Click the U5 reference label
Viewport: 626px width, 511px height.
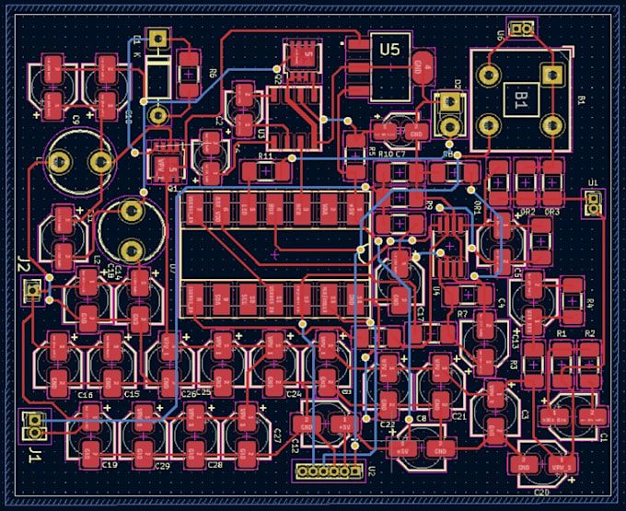tap(390, 50)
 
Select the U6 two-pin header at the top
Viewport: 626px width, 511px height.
tap(522, 30)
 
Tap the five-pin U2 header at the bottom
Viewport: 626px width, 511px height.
tap(328, 471)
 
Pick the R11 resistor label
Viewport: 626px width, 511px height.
tap(266, 157)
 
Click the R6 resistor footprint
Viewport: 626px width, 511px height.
tap(189, 73)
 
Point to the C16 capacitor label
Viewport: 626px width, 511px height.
tap(86, 394)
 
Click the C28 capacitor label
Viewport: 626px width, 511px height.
tap(215, 466)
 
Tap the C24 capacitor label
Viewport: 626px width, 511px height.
tap(294, 393)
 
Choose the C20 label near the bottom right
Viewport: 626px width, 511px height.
tap(541, 494)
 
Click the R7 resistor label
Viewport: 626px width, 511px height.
tap(463, 315)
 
